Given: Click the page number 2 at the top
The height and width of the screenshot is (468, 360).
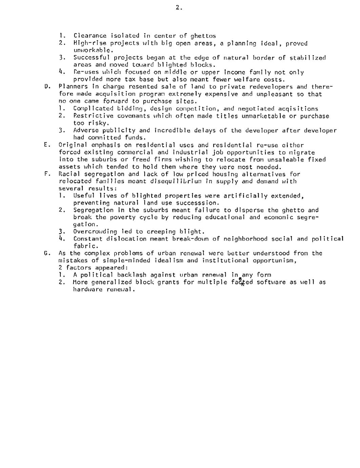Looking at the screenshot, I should point(178,8).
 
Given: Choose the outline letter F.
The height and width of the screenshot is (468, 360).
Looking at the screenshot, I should point(46,174).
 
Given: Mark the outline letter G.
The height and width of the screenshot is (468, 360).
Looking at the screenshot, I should point(46,253).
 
